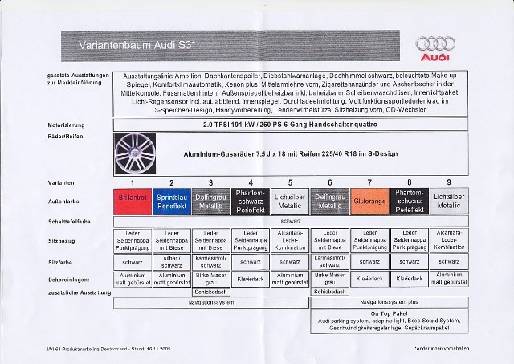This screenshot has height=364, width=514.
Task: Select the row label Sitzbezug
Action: [59, 239]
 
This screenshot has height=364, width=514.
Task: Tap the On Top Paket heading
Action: [388, 314]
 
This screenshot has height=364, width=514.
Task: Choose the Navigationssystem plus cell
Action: [388, 303]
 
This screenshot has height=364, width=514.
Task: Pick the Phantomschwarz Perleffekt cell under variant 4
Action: [248, 199]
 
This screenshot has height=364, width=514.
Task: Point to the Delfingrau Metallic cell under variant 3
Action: [209, 199]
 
